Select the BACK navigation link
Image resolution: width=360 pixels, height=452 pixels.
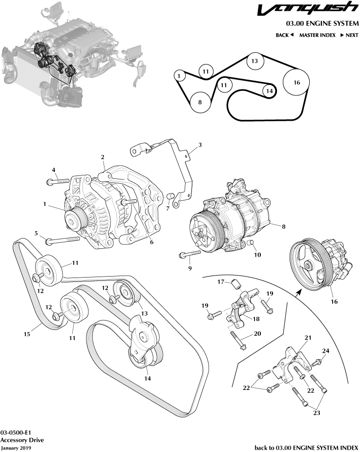(x=284, y=35)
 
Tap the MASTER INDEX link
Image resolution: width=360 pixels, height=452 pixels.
(x=317, y=35)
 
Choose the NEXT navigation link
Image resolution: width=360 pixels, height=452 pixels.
(x=349, y=35)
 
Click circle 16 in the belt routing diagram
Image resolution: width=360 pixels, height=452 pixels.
(x=296, y=83)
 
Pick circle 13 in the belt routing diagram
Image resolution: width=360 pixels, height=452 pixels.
(x=254, y=61)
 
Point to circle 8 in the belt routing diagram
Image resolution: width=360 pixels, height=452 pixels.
(x=199, y=102)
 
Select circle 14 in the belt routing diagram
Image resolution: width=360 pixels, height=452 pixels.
(x=268, y=90)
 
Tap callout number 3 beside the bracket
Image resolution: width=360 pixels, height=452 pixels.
(x=199, y=145)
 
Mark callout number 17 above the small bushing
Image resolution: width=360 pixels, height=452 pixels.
(x=221, y=281)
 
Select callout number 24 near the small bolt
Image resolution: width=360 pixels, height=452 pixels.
(x=325, y=351)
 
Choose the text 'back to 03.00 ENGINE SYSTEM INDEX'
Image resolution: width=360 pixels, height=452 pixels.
(x=306, y=448)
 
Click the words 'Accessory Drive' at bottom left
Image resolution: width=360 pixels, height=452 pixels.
(x=22, y=440)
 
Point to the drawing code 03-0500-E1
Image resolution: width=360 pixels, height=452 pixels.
(x=16, y=432)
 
